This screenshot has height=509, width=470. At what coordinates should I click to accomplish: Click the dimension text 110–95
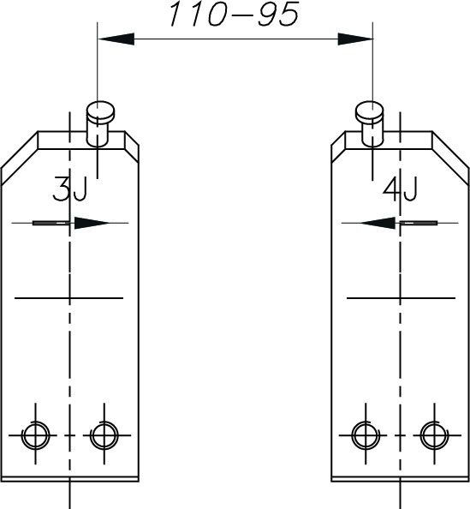click(x=234, y=14)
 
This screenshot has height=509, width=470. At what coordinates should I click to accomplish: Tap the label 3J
click(x=69, y=189)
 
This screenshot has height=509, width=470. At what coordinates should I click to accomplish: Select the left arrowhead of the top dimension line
click(x=116, y=39)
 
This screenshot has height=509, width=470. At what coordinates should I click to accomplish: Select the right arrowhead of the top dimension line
click(x=355, y=39)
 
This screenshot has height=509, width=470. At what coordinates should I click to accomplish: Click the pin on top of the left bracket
click(x=100, y=123)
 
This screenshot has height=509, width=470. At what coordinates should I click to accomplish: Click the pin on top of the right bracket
click(x=370, y=123)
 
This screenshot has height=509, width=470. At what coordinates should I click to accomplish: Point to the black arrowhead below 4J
click(x=377, y=223)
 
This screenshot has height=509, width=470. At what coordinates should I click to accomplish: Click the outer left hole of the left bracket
click(x=36, y=435)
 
